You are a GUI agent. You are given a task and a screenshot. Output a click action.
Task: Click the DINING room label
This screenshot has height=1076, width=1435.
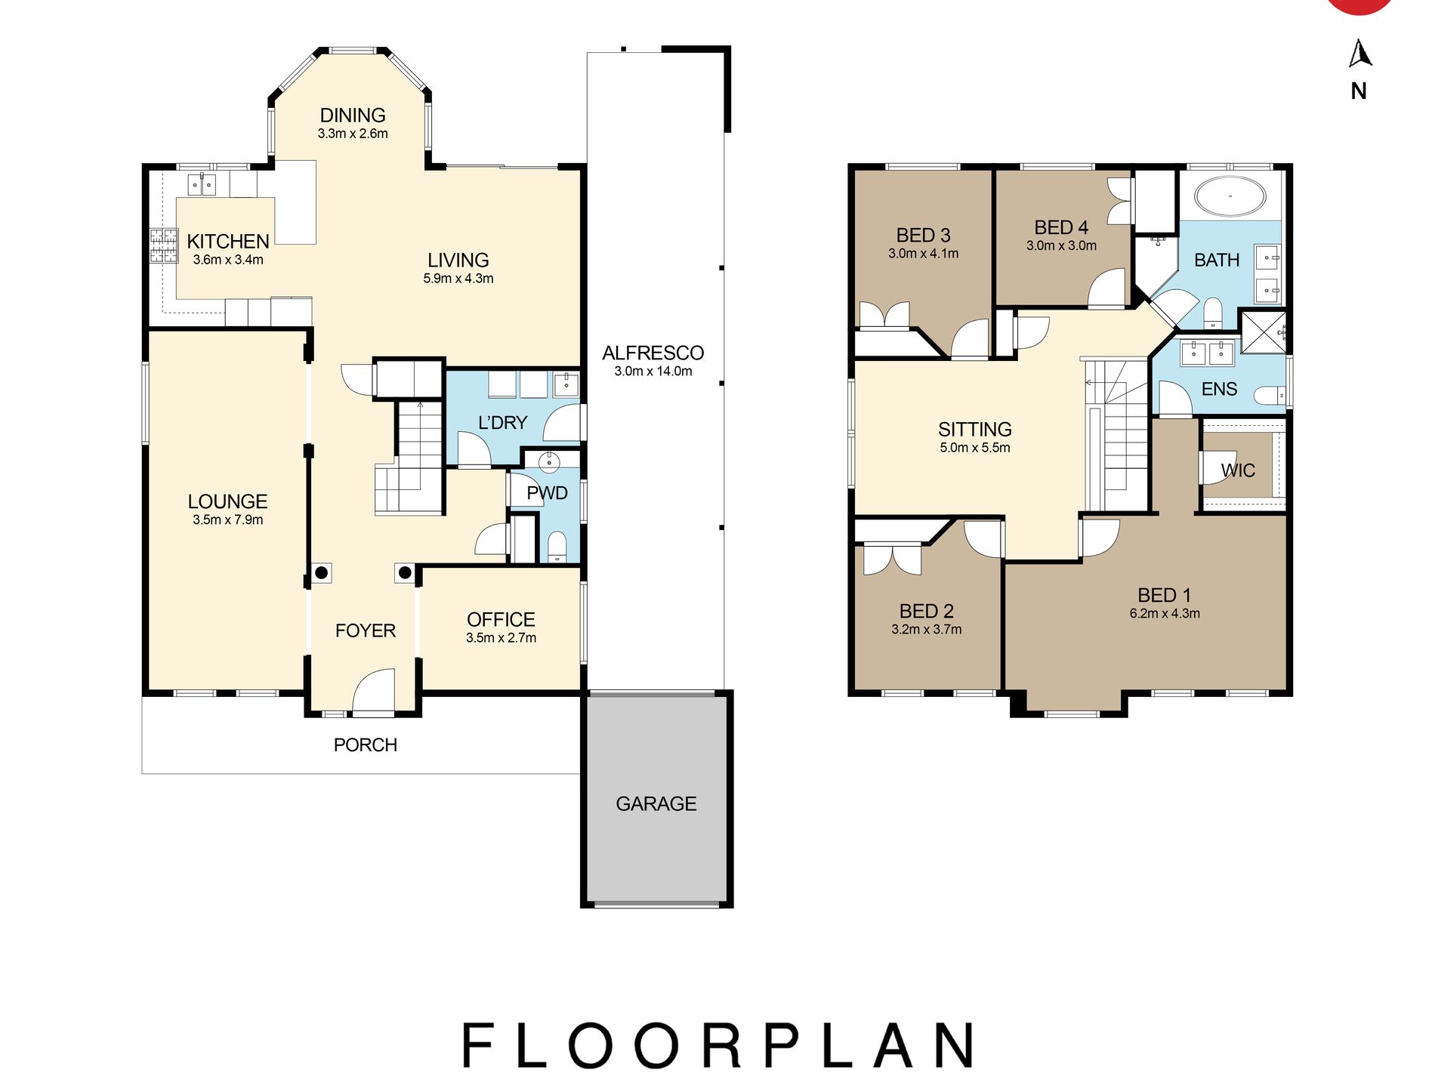tap(353, 115)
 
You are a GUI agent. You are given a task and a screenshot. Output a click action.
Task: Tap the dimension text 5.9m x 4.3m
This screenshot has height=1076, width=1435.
tap(458, 278)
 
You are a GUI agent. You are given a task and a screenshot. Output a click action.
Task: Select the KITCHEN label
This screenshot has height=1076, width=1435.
tap(228, 241)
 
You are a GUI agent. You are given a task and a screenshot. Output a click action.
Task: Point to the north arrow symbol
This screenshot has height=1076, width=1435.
tap(1359, 53)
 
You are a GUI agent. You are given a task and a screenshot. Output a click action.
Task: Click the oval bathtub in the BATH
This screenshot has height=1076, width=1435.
tap(1230, 196)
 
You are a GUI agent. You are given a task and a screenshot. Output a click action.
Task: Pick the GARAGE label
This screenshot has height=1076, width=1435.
tap(656, 803)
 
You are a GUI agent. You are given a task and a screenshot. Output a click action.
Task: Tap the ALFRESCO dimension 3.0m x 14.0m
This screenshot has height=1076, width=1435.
tap(653, 371)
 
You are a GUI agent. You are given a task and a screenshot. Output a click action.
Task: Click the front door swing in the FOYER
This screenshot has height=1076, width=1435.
tap(373, 690)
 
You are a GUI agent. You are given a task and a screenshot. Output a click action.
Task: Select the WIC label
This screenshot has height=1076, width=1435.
tap(1238, 470)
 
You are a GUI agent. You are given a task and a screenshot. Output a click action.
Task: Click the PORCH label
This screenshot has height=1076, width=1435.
tap(366, 745)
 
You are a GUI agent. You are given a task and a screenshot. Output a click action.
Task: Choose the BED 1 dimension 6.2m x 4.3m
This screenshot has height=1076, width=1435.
tap(1165, 613)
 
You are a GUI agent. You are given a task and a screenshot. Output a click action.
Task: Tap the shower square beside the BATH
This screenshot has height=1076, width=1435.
tap(1264, 332)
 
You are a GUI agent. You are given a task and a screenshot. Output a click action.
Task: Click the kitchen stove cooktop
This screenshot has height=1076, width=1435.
tap(163, 245)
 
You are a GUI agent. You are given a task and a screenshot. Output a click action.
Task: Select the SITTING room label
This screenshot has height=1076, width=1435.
tap(975, 429)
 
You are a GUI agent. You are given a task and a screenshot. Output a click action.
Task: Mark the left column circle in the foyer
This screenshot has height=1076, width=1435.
tap(321, 573)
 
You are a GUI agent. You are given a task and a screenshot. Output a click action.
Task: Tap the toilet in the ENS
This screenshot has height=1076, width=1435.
tap(1270, 395)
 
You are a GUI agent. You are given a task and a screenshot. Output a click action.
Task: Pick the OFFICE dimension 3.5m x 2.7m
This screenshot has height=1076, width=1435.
tap(501, 637)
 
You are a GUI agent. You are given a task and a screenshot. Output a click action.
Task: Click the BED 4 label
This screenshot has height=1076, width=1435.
tap(1061, 227)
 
